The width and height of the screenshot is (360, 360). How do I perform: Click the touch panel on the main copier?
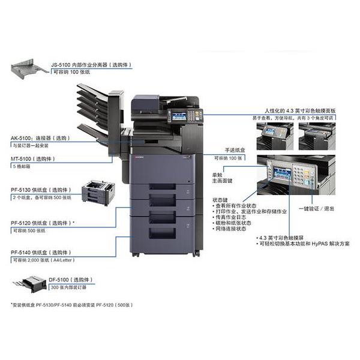click(x=178, y=117)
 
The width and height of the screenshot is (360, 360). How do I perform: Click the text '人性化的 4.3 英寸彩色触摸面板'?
click(x=297, y=111)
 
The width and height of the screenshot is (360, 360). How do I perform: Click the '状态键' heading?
click(x=220, y=199)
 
